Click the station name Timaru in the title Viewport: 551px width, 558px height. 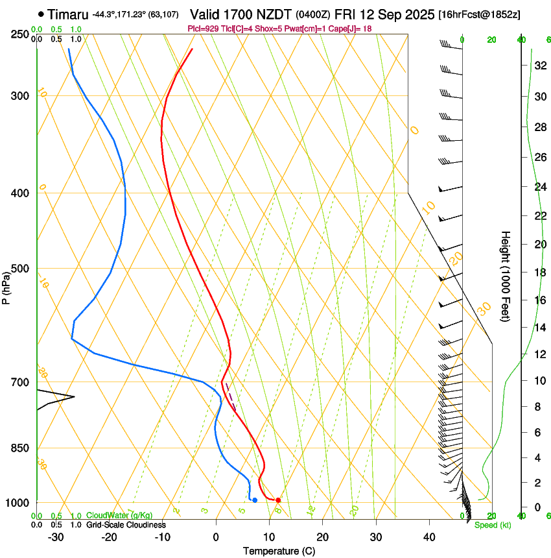69,14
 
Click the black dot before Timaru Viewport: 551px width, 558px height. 41,14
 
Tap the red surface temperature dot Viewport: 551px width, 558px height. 278,500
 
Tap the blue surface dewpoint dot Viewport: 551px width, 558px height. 255,500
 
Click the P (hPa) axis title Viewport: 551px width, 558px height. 6,286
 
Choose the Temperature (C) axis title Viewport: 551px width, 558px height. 279,551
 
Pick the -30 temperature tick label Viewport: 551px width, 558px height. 56,537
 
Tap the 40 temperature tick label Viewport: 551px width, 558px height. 429,537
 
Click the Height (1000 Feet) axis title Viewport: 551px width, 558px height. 506,276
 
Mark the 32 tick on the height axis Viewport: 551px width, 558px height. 540,66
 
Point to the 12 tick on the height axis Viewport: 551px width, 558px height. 540,354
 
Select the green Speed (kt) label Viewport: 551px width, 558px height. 493,525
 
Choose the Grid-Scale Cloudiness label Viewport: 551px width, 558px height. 126,524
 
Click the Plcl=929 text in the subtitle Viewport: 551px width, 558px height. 202,29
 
